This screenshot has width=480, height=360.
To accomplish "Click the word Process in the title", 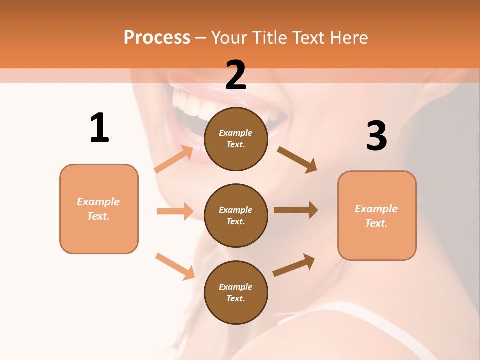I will [x=157, y=37].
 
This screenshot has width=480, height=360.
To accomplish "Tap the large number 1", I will [x=99, y=128].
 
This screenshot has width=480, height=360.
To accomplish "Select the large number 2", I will [x=236, y=75].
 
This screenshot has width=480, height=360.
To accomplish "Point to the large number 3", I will [x=376, y=136].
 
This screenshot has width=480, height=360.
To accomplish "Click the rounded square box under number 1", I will [x=99, y=209].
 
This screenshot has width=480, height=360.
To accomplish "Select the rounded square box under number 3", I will [x=377, y=215].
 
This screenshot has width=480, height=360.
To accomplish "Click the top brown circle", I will [x=236, y=139].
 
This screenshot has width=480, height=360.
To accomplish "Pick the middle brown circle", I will [x=236, y=215].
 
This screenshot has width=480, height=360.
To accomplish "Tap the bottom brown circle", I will [x=236, y=292].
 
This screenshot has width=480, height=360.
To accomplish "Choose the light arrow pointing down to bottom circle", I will [x=175, y=266].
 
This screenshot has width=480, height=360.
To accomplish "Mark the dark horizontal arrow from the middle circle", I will [x=296, y=210].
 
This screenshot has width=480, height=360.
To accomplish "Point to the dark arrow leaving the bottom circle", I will [x=294, y=265].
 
